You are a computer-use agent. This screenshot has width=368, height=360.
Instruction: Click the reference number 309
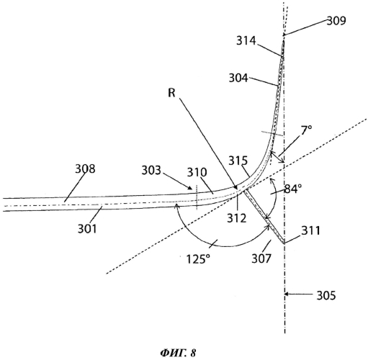(336, 21)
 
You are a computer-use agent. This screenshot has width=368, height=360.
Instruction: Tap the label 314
(246, 40)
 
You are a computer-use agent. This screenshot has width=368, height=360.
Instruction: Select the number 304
(238, 78)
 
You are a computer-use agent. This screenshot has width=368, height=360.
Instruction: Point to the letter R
(171, 93)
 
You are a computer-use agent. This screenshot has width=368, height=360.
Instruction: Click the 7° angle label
(306, 130)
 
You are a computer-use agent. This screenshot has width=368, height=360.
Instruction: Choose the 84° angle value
(293, 189)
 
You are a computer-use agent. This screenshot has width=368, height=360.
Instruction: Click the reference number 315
(238, 161)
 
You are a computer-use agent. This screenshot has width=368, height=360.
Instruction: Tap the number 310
(197, 172)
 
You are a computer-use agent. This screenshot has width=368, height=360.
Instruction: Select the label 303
(151, 171)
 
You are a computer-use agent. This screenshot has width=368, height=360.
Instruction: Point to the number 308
(85, 168)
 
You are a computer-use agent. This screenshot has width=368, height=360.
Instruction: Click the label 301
(87, 229)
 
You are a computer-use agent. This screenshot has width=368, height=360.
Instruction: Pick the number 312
(237, 218)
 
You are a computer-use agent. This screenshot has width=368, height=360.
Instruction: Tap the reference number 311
(311, 230)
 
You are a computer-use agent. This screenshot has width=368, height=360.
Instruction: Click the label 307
(261, 258)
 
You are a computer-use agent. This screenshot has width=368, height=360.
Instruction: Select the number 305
(326, 295)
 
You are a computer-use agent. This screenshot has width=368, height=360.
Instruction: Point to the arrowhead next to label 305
(287, 294)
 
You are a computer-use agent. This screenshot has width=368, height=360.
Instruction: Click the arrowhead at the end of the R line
(235, 187)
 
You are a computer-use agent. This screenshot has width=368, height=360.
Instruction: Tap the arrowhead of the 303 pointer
(189, 188)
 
